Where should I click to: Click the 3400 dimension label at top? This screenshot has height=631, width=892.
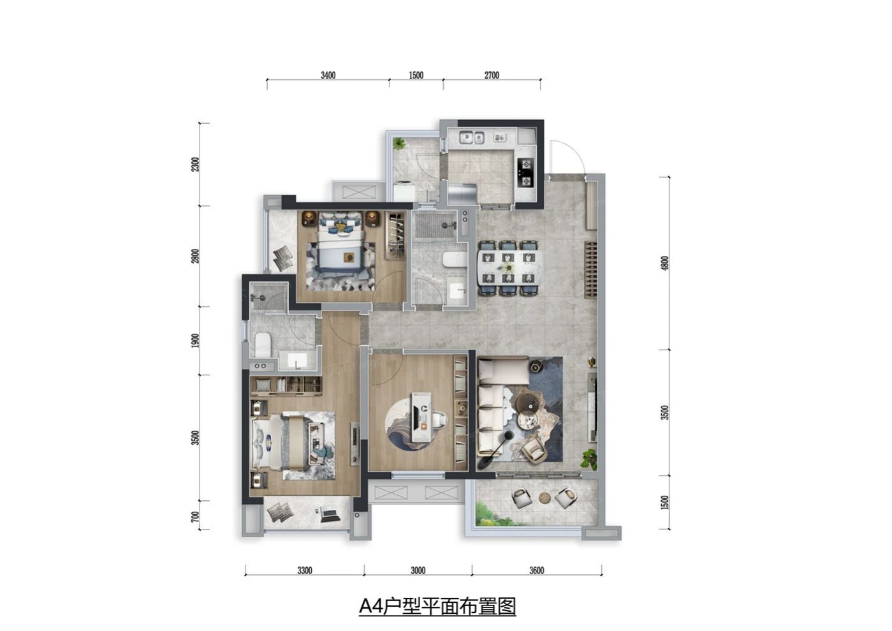tap(328, 75)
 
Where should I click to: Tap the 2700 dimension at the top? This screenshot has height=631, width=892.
tap(492, 75)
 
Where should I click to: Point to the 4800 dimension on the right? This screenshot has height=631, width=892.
tap(666, 263)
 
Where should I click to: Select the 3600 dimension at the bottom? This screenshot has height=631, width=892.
tap(537, 570)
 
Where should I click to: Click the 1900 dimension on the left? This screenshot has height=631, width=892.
tap(196, 340)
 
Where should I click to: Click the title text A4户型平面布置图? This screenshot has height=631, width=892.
tap(437, 606)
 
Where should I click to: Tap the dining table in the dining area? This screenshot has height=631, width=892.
tap(509, 267)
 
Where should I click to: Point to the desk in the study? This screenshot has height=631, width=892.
tap(422, 418)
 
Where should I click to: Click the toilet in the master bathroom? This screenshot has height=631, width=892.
tap(263, 345)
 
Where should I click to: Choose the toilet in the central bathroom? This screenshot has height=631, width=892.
tap(454, 260)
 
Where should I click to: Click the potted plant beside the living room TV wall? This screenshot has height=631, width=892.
tap(589, 457)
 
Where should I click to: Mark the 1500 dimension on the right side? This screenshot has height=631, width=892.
tap(666, 503)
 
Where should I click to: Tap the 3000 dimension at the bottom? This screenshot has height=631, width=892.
tap(418, 570)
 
